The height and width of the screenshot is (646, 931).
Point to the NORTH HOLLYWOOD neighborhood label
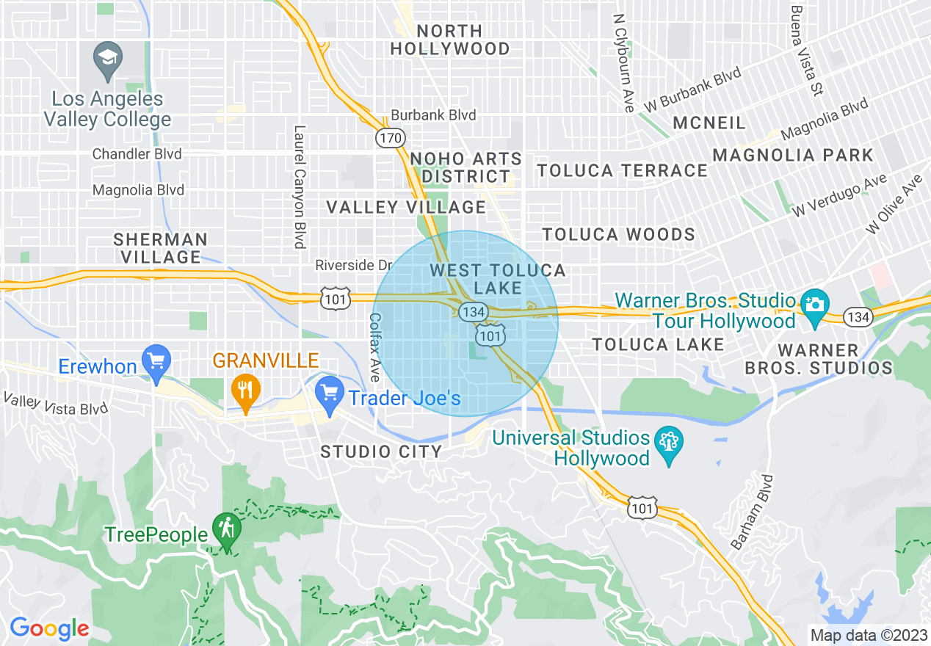(x=449, y=40)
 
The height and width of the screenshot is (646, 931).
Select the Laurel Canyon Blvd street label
(x=299, y=187)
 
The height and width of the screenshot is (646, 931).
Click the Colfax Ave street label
(x=374, y=347)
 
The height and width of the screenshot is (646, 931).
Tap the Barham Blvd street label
(x=749, y=512)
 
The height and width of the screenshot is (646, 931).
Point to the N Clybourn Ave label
(x=623, y=64)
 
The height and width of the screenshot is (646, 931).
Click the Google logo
(x=49, y=628)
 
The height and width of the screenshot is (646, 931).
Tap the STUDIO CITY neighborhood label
(x=381, y=451)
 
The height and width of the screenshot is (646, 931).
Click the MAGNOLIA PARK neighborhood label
(x=793, y=155)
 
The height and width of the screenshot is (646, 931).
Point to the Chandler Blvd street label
(x=137, y=154)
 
